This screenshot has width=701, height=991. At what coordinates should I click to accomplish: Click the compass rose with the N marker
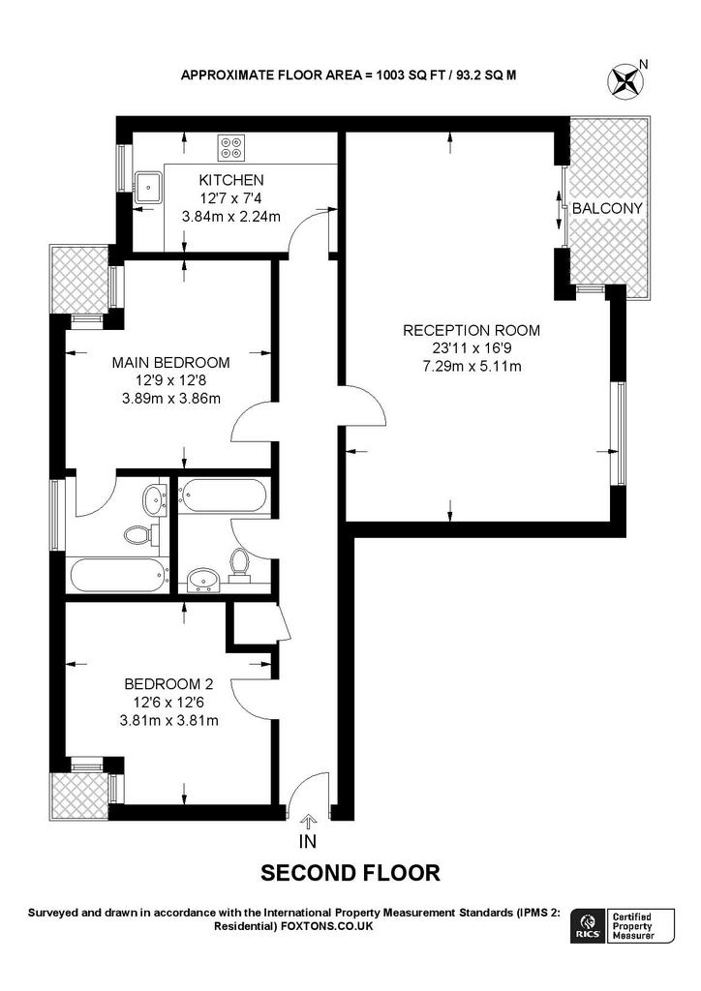pyautogui.click(x=626, y=78)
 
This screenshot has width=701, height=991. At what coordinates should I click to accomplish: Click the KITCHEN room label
pyautogui.click(x=230, y=180)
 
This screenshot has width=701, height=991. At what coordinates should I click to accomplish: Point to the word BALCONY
pyautogui.click(x=607, y=209)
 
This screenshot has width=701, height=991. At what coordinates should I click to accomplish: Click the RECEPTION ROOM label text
pyautogui.click(x=472, y=330)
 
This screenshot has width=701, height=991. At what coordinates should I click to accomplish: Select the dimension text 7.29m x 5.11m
pyautogui.click(x=472, y=366)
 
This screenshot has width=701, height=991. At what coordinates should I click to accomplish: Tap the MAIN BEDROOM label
pyautogui.click(x=170, y=363)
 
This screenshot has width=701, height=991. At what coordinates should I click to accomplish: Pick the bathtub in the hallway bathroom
pyautogui.click(x=222, y=496)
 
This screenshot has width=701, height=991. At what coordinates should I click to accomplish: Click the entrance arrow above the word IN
pyautogui.click(x=309, y=822)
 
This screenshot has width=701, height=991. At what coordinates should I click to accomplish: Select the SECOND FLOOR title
pyautogui.click(x=350, y=873)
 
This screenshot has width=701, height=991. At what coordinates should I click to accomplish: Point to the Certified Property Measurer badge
pyautogui.click(x=642, y=926)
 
